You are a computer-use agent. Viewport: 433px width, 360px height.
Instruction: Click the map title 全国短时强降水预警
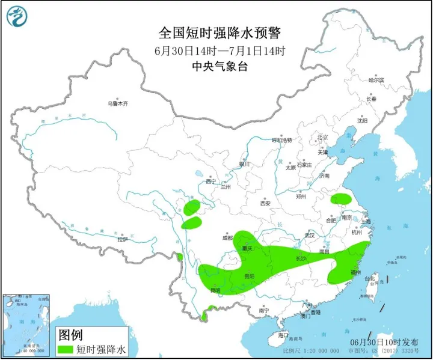click(217, 32)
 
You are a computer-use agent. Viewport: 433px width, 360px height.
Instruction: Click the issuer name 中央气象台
click(217, 67)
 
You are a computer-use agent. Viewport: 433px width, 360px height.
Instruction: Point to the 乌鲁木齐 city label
click(118, 103)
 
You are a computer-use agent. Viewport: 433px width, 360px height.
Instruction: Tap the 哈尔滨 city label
click(375, 79)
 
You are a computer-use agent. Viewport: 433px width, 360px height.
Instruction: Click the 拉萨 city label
click(123, 239)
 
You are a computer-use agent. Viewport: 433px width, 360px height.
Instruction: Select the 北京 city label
click(324, 137)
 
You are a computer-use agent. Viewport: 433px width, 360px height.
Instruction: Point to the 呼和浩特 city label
click(281, 140)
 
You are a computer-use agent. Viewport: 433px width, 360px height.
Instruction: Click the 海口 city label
click(284, 334)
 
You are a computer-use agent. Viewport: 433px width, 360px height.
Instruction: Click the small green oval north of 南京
click(342, 198)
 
